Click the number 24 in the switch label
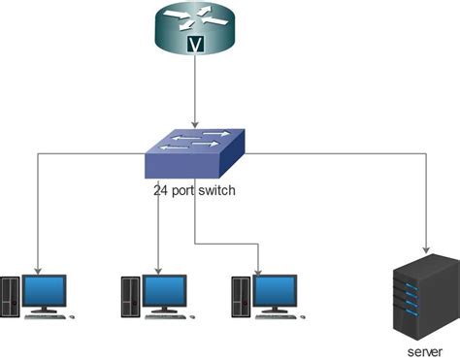tap(161, 191)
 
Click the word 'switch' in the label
tap(217, 191)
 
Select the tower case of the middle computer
tap(130, 297)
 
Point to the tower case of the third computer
tap(241, 297)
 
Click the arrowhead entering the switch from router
tap(197, 124)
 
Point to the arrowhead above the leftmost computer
tap(39, 268)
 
